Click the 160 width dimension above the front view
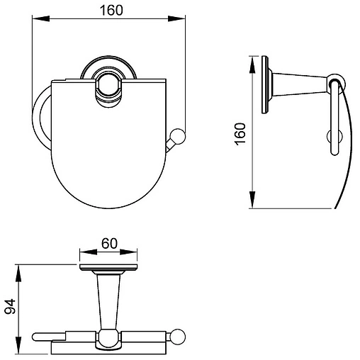pyautogui.click(x=111, y=11)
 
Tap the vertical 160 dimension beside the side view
pyautogui.click(x=240, y=134)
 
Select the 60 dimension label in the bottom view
pyautogui.click(x=109, y=243)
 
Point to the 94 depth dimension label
pyautogui.click(x=10, y=306)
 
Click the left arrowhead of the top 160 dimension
pyautogui.click(x=40, y=18)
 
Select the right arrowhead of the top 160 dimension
pyautogui.click(x=176, y=18)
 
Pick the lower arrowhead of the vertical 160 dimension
pyautogui.click(x=252, y=200)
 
